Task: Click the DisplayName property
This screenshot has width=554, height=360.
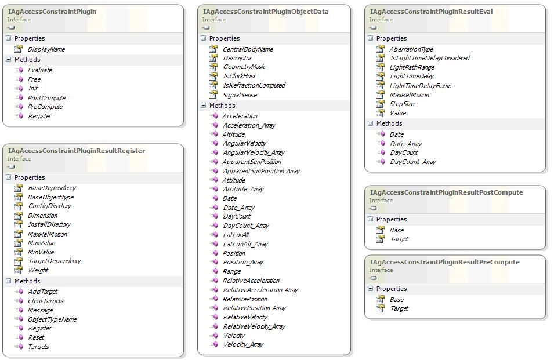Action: (46, 49)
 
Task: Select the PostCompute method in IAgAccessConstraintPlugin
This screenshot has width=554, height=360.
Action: (46, 98)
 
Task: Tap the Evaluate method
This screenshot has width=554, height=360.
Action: (40, 70)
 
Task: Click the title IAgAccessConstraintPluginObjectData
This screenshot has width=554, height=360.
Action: (266, 12)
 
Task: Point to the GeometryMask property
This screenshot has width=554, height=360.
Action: (244, 67)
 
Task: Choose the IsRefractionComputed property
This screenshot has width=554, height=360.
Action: (254, 85)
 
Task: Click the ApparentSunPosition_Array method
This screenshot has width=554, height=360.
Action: (261, 171)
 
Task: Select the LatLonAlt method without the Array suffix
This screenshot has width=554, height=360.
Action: (236, 235)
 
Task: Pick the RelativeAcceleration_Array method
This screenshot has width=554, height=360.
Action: (260, 290)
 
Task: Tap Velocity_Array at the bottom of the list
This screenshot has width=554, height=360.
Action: (243, 344)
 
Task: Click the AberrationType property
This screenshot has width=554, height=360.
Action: (411, 49)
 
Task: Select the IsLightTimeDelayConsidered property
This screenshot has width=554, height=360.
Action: (430, 58)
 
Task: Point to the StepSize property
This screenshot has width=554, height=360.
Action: (401, 104)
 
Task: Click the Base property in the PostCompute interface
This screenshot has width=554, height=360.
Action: (396, 230)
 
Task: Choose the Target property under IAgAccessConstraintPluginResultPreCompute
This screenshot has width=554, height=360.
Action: (399, 309)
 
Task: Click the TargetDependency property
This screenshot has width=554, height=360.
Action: (55, 261)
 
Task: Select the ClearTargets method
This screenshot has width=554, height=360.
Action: (46, 301)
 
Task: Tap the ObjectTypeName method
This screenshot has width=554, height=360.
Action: (52, 319)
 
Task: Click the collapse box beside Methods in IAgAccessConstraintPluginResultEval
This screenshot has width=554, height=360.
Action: (370, 123)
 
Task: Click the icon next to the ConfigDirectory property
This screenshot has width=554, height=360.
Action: (19, 206)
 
